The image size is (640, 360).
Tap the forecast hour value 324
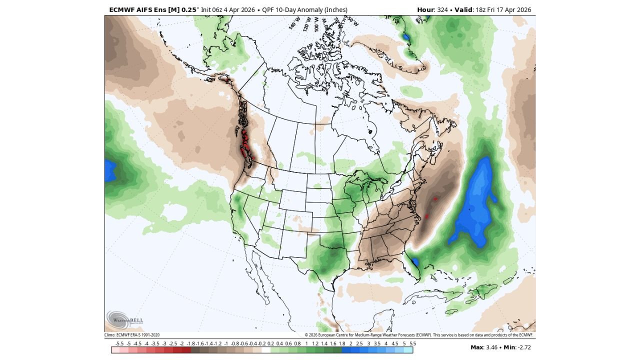(x=442, y=10)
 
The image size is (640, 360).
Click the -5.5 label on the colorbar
(x=119, y=344)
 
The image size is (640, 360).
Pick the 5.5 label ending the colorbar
(x=412, y=344)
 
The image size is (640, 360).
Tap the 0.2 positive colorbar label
(x=270, y=344)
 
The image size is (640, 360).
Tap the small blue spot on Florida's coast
(x=414, y=261)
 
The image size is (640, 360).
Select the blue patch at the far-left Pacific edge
(x=109, y=171)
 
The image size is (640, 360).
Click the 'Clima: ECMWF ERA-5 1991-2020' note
(x=132, y=335)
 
